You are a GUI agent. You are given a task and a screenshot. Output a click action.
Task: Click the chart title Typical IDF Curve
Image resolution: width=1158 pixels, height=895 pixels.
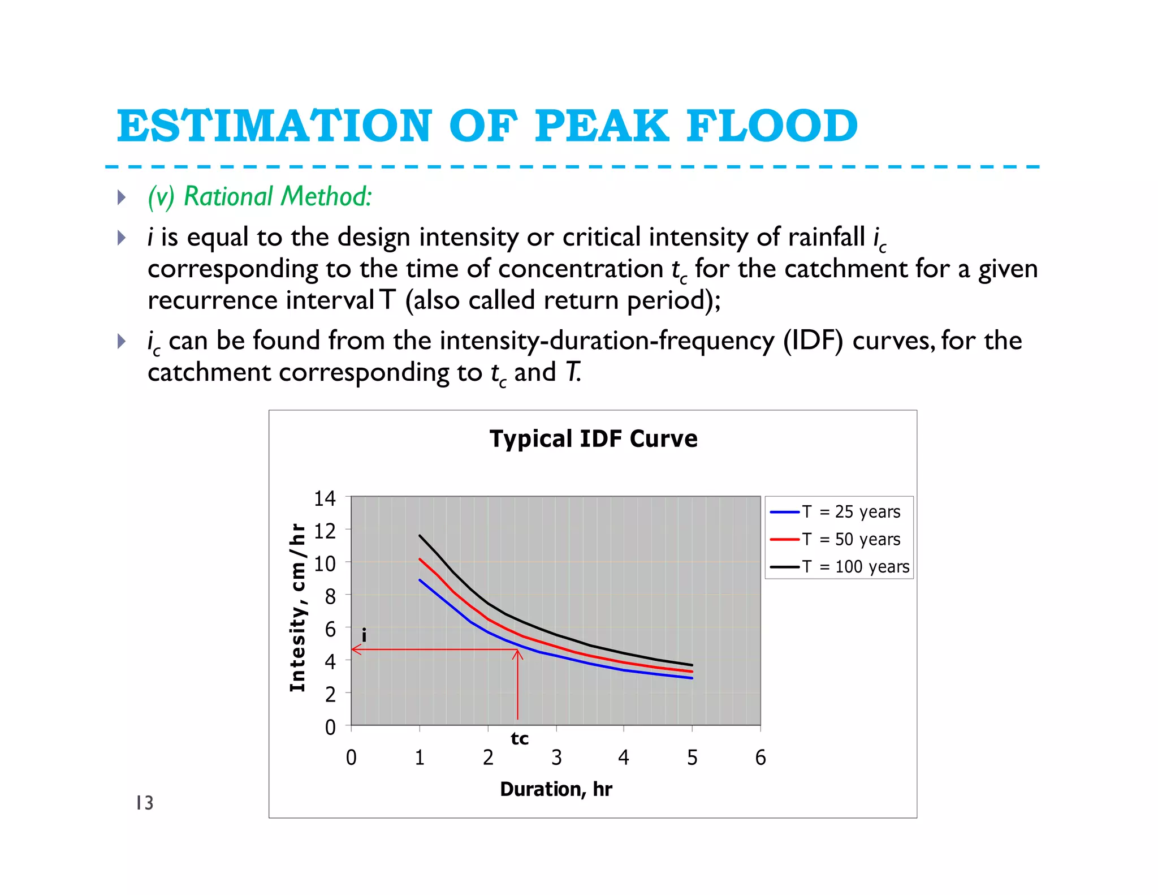[593, 439]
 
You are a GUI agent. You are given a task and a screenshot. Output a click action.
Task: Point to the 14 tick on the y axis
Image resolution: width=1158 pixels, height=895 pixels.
[325, 498]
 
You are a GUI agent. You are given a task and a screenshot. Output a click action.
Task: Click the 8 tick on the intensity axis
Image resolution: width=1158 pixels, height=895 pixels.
[330, 596]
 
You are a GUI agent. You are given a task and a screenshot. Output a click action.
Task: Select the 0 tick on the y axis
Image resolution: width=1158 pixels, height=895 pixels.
[330, 727]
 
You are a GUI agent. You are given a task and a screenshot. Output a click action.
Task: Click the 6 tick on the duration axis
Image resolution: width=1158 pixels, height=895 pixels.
[761, 758]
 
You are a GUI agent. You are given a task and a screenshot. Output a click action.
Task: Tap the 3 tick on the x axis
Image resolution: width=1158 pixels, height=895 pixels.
[556, 758]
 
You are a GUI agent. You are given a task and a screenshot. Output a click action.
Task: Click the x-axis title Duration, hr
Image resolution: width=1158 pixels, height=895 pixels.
[556, 789]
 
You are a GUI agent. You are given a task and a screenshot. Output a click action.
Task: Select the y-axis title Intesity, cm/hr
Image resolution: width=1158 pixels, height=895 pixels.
[297, 608]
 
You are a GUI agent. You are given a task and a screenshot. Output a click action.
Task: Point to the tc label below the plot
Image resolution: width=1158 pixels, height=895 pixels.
[520, 738]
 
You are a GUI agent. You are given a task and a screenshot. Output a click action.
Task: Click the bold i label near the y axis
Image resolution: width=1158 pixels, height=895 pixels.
[364, 635]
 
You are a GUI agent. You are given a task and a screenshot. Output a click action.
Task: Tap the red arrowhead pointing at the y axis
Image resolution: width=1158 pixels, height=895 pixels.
[355, 649]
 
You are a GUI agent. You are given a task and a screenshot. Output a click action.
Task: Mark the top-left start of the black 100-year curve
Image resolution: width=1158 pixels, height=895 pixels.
[420, 535]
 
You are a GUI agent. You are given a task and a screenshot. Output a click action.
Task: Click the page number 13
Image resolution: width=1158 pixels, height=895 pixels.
[145, 803]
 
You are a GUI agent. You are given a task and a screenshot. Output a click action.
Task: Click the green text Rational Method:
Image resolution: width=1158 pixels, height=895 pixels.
[278, 196]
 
